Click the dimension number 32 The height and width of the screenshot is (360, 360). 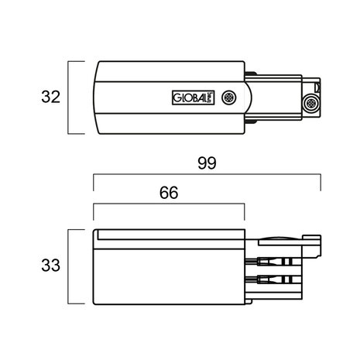click(x=50, y=98)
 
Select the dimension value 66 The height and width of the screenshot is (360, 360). click(x=168, y=194)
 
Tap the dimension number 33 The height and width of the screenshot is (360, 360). click(x=50, y=267)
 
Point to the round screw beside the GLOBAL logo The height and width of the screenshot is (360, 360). click(x=230, y=98)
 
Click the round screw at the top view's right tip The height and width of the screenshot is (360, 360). click(x=311, y=104)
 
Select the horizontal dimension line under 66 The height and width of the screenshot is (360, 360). click(x=168, y=205)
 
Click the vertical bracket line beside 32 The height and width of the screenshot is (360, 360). click(x=70, y=98)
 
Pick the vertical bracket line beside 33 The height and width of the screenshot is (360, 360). click(x=70, y=267)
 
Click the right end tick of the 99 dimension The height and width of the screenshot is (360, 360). click(x=321, y=186)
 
